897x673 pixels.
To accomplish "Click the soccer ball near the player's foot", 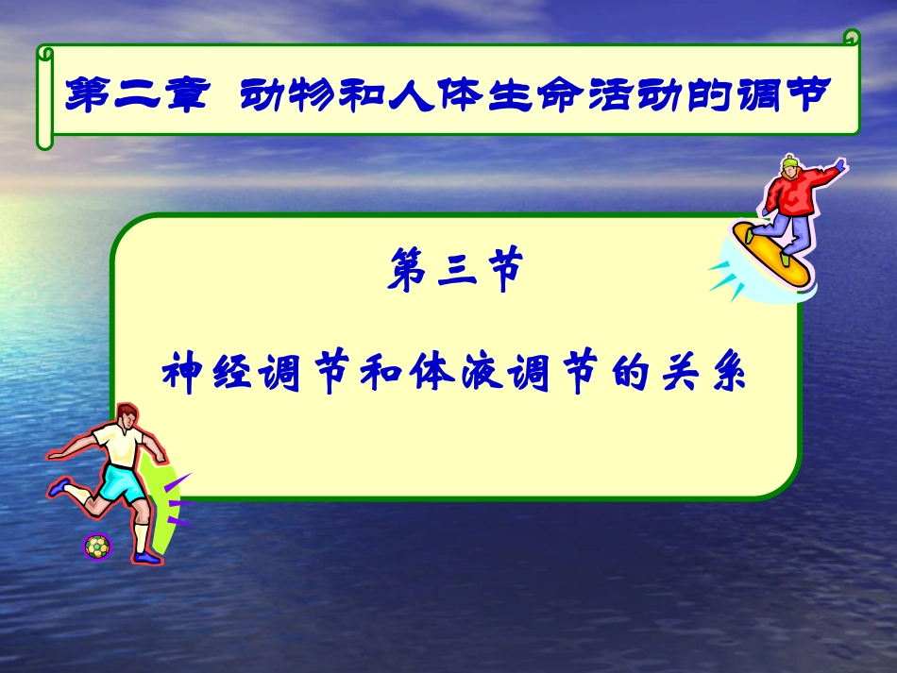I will [97, 547].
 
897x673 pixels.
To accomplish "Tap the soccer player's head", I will [126, 416].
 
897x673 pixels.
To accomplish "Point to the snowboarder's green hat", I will [789, 163].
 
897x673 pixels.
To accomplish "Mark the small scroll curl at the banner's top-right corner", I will [852, 39].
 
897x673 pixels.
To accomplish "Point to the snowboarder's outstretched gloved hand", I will [839, 165].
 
